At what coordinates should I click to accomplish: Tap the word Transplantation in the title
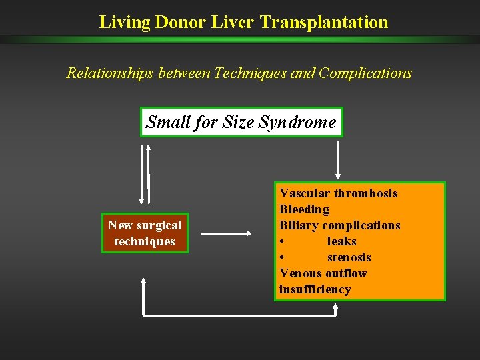click(324, 22)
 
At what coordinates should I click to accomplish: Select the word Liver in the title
click(232, 22)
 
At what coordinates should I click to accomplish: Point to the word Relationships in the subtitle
click(110, 73)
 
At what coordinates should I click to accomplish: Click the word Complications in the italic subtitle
click(365, 73)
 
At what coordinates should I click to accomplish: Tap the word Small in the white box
click(167, 123)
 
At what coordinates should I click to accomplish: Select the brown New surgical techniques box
click(145, 233)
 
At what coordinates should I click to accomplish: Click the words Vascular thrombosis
click(339, 193)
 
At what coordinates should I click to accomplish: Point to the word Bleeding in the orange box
click(304, 209)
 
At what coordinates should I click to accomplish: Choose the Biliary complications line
click(339, 225)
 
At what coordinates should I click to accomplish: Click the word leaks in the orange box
click(341, 241)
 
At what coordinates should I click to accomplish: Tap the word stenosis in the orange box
click(349, 257)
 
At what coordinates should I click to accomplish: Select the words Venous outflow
click(323, 273)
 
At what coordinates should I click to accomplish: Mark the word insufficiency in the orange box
click(315, 289)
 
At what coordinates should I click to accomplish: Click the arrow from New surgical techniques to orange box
click(227, 234)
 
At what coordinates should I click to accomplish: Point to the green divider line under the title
click(240, 39)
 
